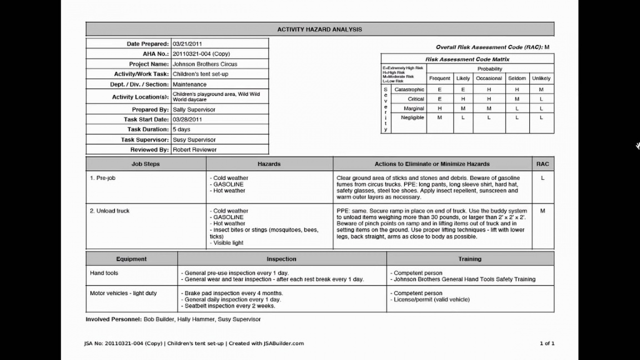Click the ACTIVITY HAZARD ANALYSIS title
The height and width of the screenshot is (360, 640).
319,29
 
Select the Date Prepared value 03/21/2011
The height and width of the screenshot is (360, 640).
187,44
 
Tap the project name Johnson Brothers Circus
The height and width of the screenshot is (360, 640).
205,64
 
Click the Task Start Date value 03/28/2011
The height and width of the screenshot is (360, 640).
187,119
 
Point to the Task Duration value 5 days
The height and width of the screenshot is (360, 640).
182,129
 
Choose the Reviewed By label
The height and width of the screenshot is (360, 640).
149,150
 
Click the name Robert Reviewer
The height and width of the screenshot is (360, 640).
194,150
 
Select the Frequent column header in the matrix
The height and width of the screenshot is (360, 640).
440,78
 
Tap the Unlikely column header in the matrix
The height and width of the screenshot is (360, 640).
541,78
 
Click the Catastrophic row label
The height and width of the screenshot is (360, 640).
409,89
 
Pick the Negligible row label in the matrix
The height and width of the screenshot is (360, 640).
409,118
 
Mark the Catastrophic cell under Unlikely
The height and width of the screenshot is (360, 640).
541,89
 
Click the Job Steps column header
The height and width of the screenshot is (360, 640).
146,164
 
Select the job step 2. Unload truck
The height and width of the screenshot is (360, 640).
110,211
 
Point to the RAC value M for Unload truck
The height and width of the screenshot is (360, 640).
542,211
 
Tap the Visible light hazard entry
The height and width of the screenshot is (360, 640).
228,243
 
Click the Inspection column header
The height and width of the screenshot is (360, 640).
282,259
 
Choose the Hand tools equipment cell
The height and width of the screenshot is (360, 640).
104,273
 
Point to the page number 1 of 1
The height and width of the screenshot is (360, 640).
547,343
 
